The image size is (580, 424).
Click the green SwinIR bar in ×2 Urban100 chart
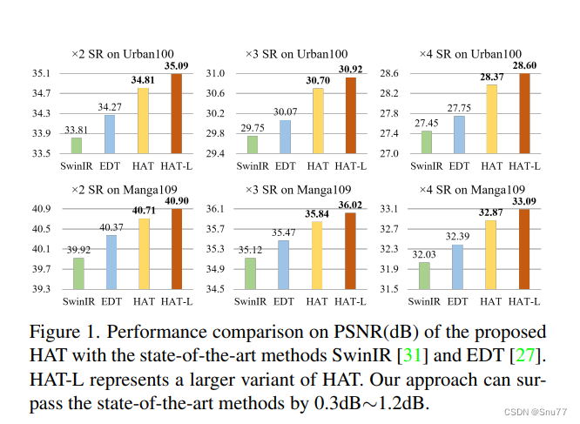(x=77, y=145)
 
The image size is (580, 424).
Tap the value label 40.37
(x=110, y=227)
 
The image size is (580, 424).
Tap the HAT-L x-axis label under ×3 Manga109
(x=350, y=301)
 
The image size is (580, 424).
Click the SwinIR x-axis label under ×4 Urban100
(x=426, y=165)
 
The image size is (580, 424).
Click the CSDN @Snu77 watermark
(x=537, y=409)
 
